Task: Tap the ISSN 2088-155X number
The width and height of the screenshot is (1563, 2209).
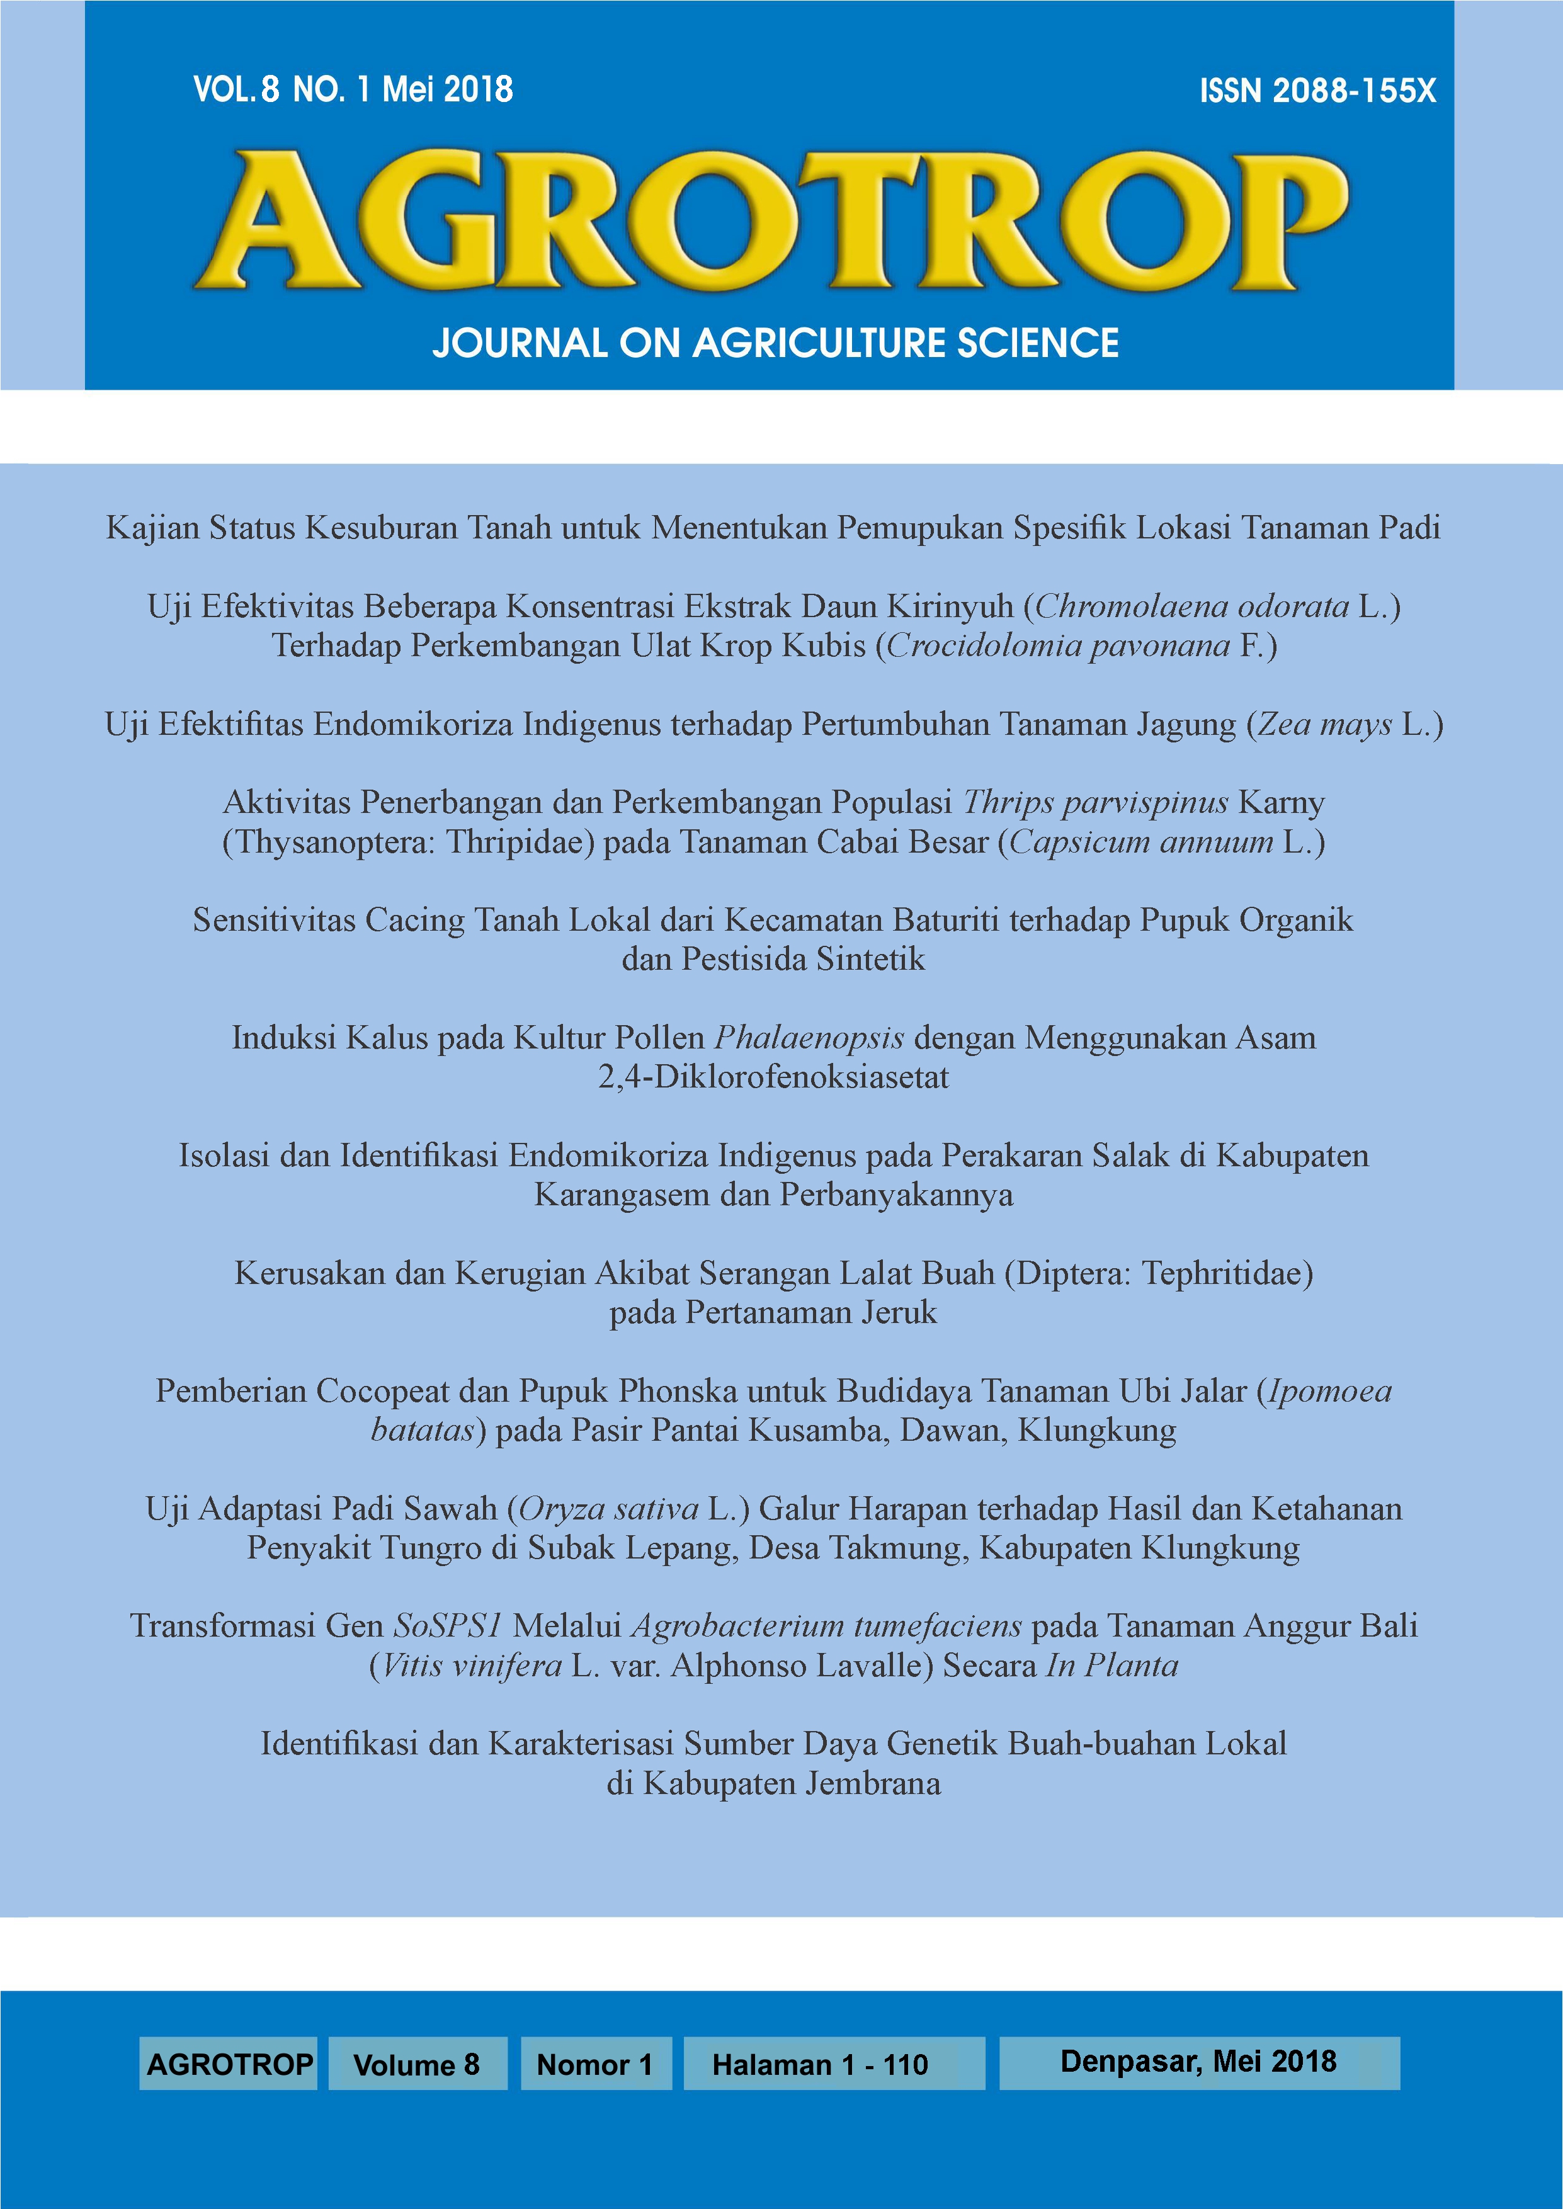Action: pos(1317,91)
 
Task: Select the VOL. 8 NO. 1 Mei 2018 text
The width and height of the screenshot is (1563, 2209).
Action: pos(353,89)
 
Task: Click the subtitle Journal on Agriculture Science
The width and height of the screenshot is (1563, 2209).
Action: pos(775,343)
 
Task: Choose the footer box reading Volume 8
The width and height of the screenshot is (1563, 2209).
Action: pos(417,2064)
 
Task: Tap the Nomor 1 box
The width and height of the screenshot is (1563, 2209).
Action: pos(595,2064)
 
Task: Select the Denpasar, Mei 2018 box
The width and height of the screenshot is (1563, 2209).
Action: pos(1198,2061)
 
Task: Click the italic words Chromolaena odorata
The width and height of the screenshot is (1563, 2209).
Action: pos(1191,606)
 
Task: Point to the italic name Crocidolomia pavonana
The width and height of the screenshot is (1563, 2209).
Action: pos(1058,645)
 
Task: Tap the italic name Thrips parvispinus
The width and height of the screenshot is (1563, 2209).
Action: pos(1095,802)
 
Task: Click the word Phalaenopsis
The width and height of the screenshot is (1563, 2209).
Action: pos(809,1037)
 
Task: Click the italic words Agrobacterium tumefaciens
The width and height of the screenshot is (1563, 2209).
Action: pos(826,1626)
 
